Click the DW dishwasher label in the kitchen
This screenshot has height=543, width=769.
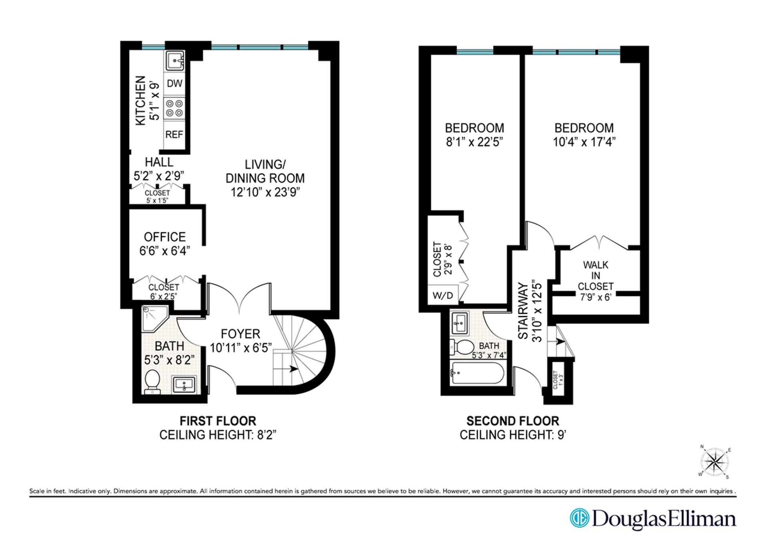[x=175, y=84]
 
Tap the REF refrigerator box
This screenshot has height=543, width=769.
[x=174, y=135]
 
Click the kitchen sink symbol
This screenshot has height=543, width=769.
[x=175, y=61]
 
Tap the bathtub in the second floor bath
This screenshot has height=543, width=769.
[x=477, y=373]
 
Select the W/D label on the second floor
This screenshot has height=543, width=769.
[x=443, y=296]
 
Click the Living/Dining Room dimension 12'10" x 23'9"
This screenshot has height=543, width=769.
[x=265, y=192]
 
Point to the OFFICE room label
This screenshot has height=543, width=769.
[x=165, y=237]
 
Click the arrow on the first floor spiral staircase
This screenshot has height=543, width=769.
[x=294, y=369]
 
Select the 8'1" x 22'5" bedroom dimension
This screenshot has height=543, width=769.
[x=475, y=142]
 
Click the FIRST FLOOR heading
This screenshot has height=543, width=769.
[x=217, y=421]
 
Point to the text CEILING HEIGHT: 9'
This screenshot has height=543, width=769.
[x=513, y=435]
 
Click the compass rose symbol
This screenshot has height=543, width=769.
[x=715, y=463]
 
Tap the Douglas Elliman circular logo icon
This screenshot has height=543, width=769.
[x=580, y=518]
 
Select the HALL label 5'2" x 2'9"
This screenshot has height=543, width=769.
[x=159, y=169]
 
